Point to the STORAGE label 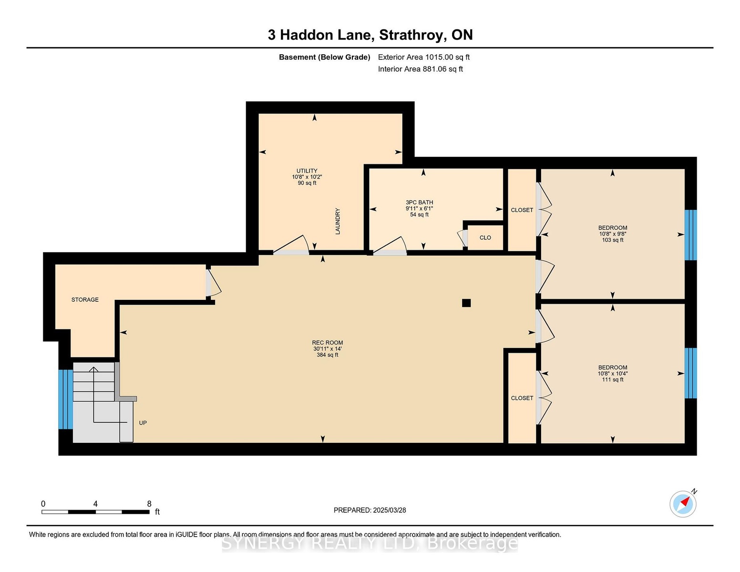(85, 299)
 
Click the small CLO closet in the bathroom (485, 237)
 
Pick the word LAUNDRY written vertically (338, 221)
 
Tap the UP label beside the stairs (143, 423)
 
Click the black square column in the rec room (466, 303)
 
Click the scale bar (96, 512)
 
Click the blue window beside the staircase (65, 399)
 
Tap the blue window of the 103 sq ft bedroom (690, 235)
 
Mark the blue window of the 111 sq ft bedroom (690, 373)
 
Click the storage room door (213, 283)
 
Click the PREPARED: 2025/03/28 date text (370, 510)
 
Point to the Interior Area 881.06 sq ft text (420, 69)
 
